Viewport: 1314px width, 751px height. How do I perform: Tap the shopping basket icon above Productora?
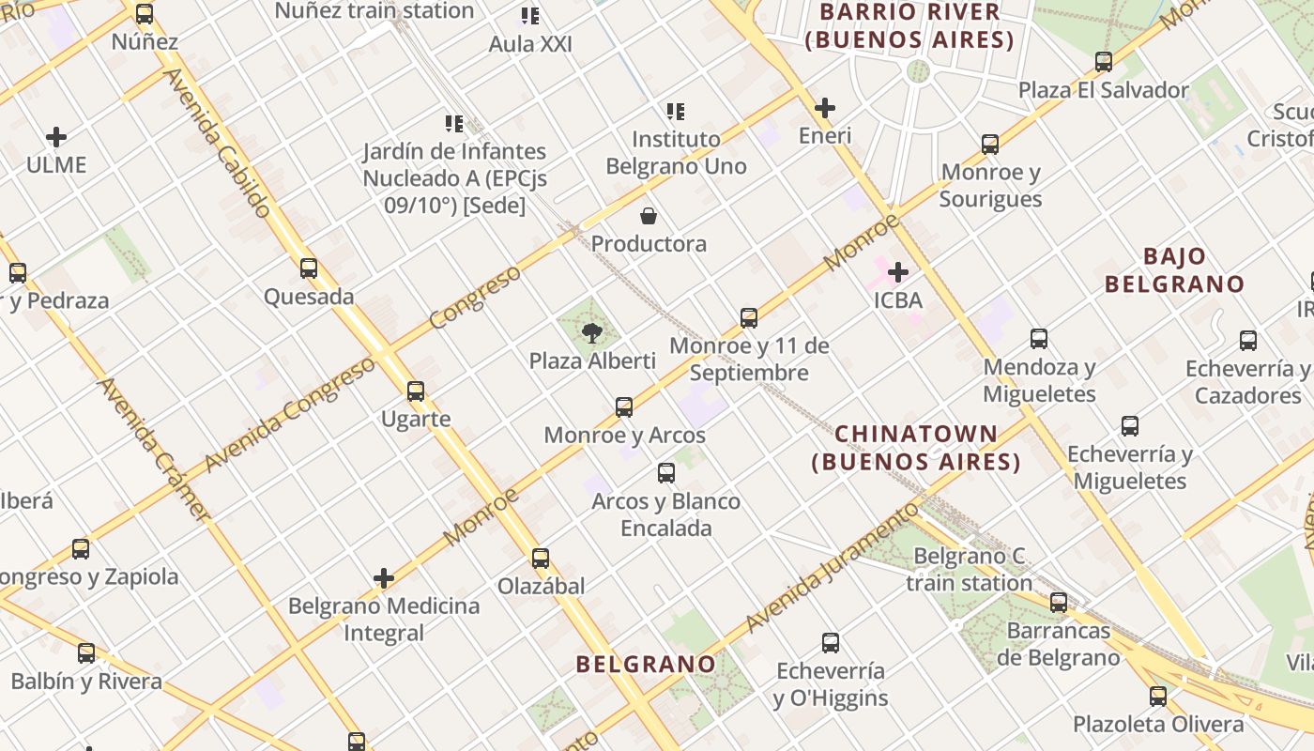pos(648,216)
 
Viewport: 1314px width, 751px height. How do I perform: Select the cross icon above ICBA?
pos(898,272)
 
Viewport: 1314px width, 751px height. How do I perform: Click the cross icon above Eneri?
pos(825,108)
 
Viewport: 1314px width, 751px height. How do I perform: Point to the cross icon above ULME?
pos(56,137)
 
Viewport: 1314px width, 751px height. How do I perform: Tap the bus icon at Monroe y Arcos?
pos(624,407)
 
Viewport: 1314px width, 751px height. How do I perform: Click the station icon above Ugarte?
pos(416,391)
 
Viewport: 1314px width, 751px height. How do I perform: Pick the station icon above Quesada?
pos(309,268)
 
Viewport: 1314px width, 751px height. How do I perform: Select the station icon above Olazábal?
pos(541,559)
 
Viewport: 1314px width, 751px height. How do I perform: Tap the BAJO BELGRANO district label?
pos(1174,270)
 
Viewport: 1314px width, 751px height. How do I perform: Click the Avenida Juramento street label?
pos(832,567)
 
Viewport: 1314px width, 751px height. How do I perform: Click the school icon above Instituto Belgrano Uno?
pos(676,112)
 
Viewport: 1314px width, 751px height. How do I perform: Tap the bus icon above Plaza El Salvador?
pos(1104,62)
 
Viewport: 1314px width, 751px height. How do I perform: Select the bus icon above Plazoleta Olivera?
pos(1158,697)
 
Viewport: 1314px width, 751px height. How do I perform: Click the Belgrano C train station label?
pos(970,570)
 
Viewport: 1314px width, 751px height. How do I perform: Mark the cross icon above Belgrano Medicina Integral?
pos(383,578)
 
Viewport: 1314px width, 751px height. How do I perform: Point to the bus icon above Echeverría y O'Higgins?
pos(831,643)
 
